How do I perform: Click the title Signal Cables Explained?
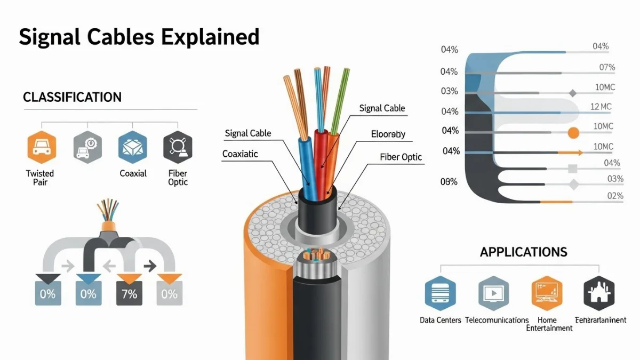(139, 37)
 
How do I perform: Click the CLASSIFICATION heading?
(73, 97)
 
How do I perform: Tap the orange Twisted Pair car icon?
(41, 146)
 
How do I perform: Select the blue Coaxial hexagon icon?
(132, 146)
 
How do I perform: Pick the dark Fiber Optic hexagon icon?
(178, 146)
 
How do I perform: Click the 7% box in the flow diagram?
(129, 293)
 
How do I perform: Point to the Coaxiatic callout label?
(240, 154)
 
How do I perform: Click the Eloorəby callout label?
(388, 134)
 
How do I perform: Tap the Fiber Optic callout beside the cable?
(401, 157)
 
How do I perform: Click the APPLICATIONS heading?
(523, 252)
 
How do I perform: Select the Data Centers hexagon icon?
(440, 293)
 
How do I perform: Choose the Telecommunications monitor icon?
(493, 293)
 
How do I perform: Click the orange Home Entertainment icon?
(547, 293)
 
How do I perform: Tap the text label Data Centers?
(440, 320)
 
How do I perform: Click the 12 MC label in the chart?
(601, 107)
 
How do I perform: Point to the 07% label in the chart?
(607, 67)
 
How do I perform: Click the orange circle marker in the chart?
(573, 133)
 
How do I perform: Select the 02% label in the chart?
(615, 196)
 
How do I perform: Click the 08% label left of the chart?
(449, 182)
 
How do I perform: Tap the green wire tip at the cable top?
(346, 72)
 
